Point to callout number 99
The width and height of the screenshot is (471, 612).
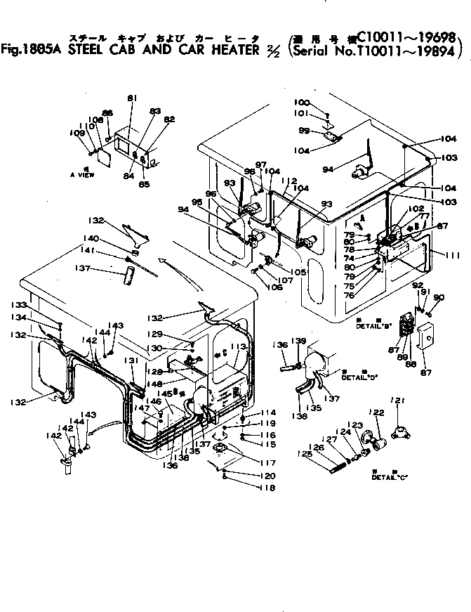305,131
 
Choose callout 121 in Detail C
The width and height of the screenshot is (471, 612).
399,401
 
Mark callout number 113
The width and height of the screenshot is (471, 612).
243,347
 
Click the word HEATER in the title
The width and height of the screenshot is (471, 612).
206,51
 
